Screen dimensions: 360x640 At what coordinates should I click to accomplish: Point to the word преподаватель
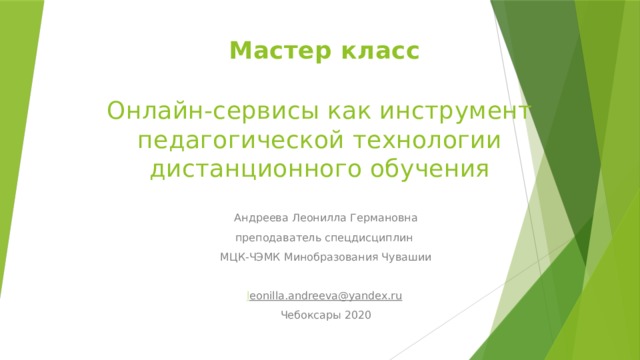pos(275,238)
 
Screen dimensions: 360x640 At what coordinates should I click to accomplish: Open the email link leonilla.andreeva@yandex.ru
pos(325,296)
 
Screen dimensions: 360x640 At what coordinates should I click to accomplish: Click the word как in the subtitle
pos(337,110)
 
